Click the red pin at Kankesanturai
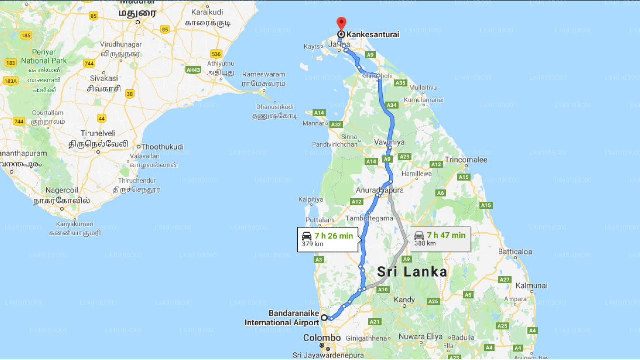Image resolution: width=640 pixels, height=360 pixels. click(341, 23)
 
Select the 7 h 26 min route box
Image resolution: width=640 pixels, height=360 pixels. click(328, 239)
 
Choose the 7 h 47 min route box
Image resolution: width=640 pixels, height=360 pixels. click(440, 239)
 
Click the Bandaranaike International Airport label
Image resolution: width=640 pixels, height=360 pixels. click(282, 318)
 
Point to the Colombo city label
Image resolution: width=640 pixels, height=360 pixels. click(322, 338)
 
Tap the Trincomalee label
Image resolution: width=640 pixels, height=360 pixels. click(466, 160)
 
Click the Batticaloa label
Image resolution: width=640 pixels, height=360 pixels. click(515, 252)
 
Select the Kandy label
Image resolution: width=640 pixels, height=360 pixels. click(404, 300)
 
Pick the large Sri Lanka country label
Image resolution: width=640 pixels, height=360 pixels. click(412, 272)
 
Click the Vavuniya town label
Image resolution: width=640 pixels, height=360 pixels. click(389, 142)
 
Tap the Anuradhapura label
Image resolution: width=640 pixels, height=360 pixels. click(380, 190)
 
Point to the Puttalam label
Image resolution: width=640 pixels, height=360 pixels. click(319, 220)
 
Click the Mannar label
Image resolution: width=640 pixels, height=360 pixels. click(314, 123)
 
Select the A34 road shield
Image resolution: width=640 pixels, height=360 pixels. click(392, 105)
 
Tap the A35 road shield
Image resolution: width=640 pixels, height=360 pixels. click(400, 83)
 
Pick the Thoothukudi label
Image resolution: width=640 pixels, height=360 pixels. click(162, 147)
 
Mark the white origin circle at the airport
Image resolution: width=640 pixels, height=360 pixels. click(324, 317)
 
